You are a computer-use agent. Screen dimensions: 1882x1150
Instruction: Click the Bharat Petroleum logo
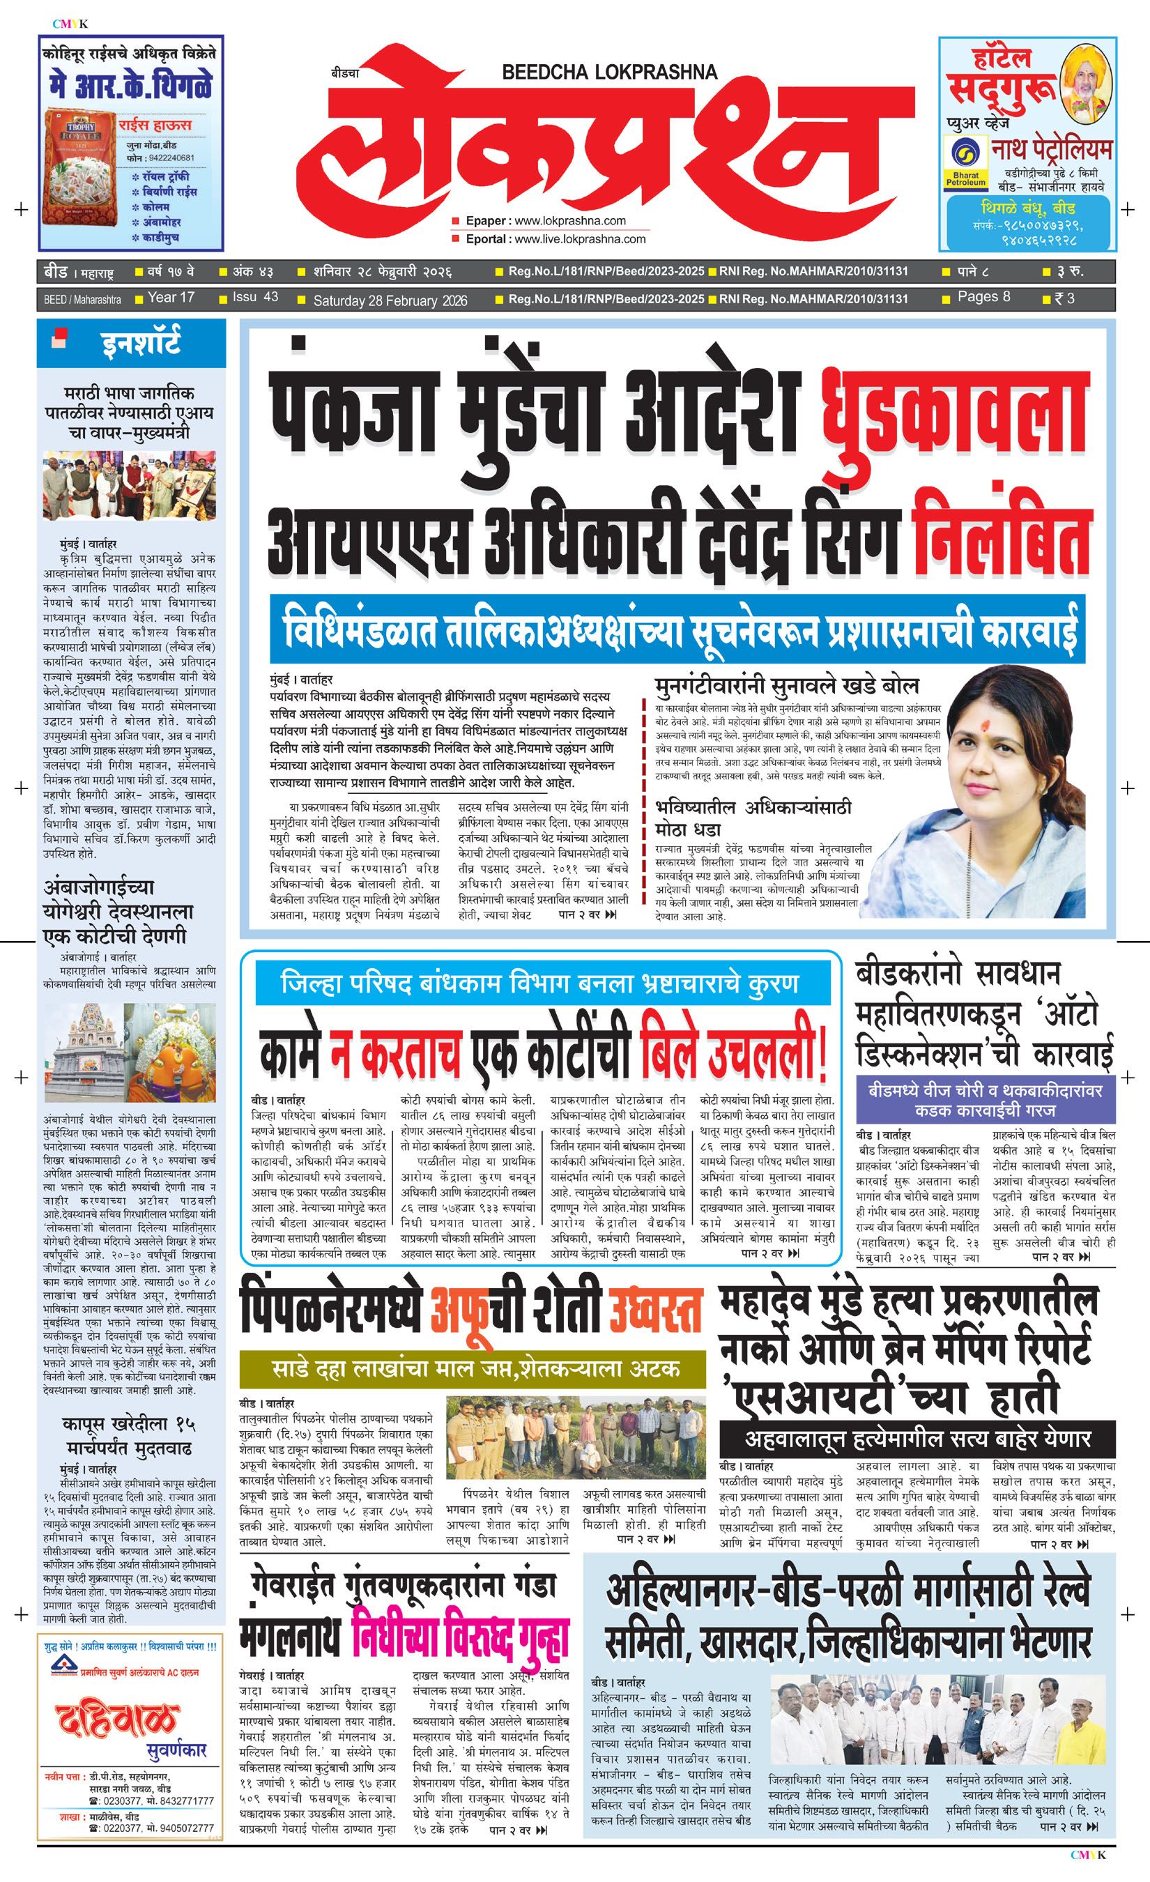click(966, 162)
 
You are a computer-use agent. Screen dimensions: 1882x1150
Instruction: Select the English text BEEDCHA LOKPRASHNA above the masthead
click(609, 72)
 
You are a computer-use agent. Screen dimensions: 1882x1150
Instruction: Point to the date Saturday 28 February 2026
click(390, 300)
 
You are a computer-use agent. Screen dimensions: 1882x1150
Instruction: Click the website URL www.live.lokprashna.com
click(580, 239)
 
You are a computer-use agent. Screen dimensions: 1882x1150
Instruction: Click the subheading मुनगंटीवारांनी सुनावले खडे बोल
click(785, 685)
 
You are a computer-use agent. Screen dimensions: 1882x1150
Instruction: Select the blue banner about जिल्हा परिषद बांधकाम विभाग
click(542, 984)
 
